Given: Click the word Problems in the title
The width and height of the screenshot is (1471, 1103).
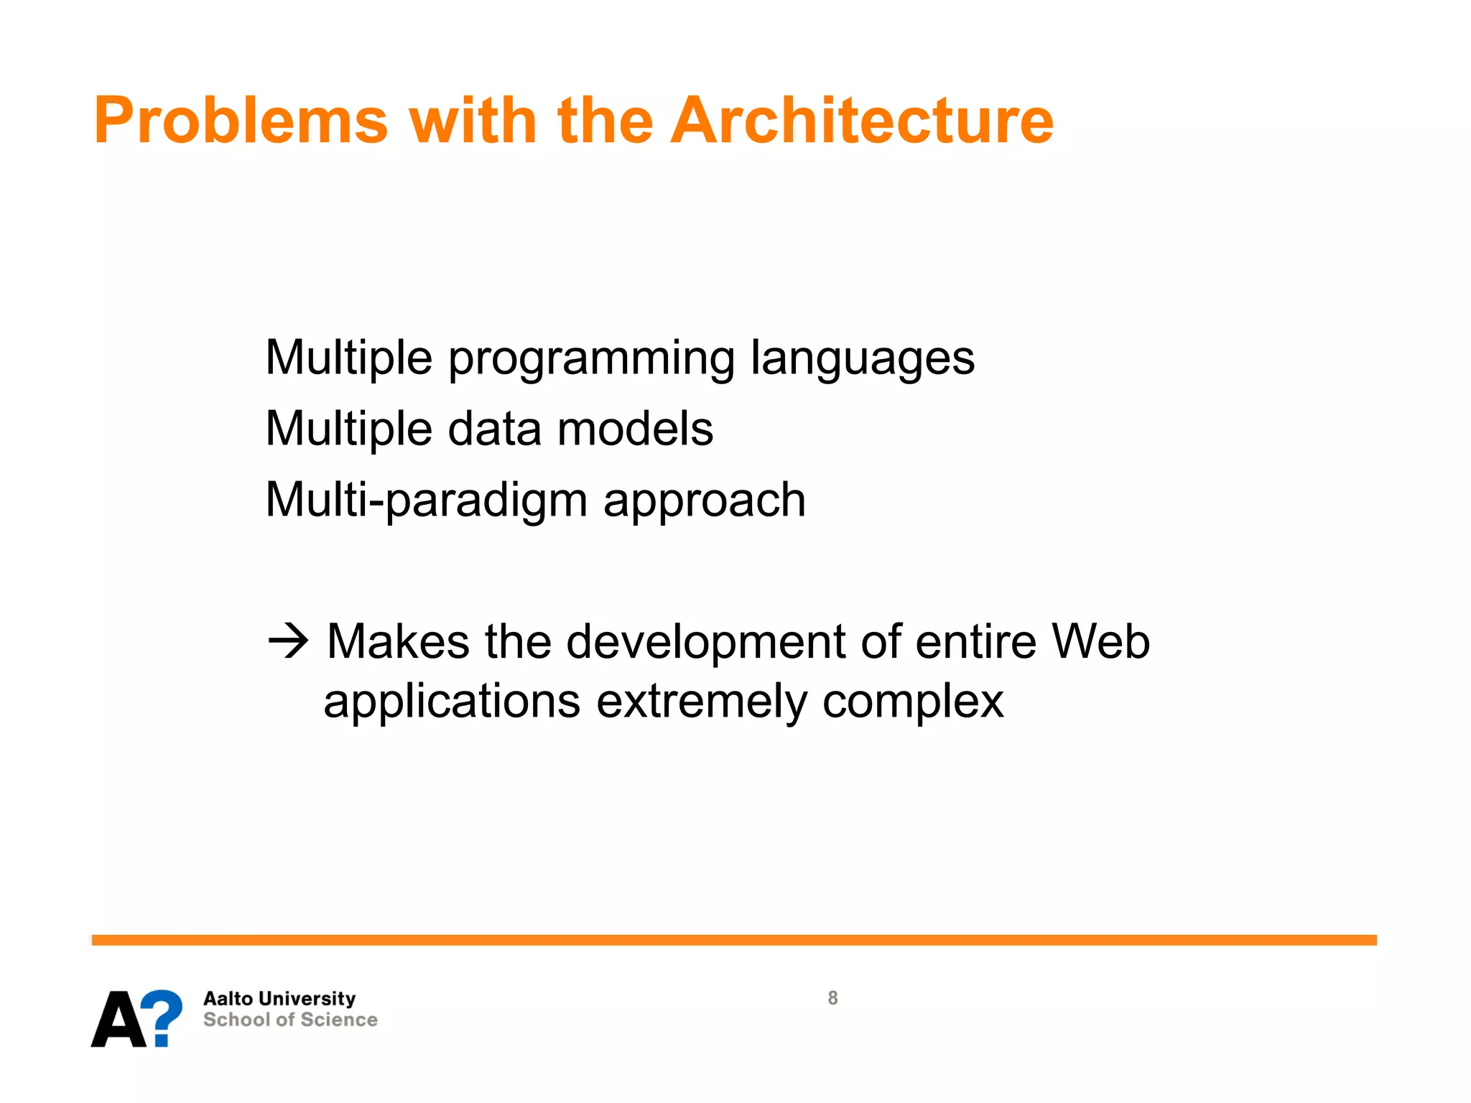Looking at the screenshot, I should [x=241, y=121].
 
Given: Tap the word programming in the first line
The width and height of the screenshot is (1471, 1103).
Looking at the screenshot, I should [x=591, y=358].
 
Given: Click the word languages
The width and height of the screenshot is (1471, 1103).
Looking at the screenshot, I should [x=862, y=358].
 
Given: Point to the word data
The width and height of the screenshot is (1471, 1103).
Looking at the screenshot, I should [x=494, y=429].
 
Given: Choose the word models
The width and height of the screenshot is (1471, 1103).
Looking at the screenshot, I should [x=635, y=429].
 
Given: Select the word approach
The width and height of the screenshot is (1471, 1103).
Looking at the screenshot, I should [x=704, y=501].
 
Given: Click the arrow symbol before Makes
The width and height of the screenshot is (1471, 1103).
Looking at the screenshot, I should [x=288, y=640].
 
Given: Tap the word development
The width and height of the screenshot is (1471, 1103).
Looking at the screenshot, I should [x=705, y=641].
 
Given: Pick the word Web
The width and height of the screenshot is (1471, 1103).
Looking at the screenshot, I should [x=1100, y=641].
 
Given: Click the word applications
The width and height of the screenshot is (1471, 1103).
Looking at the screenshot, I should [x=452, y=702].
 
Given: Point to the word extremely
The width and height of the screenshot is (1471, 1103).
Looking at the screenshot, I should [x=701, y=702].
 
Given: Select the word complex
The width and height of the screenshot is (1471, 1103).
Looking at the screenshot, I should [x=912, y=702].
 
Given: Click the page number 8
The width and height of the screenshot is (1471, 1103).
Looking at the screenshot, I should [x=832, y=997].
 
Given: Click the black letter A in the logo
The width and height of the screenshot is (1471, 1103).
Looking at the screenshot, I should [x=119, y=1020].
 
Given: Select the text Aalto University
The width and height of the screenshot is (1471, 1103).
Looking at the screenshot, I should [x=279, y=998].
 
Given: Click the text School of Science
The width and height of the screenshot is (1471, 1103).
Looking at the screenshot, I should [x=289, y=1020].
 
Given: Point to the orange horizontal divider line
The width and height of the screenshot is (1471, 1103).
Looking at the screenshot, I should [x=734, y=940].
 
